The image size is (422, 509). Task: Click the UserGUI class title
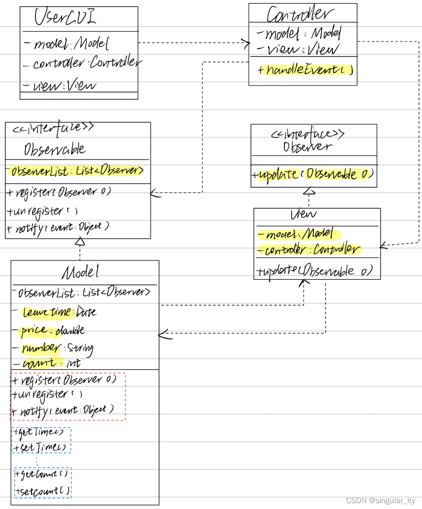click(66, 17)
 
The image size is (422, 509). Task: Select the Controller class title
click(298, 14)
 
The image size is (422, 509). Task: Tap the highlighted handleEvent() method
click(305, 70)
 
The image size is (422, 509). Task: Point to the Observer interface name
click(308, 146)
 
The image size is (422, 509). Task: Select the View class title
click(304, 215)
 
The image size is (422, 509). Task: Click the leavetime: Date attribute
click(58, 312)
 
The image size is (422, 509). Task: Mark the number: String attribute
click(57, 348)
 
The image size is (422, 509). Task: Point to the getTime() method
click(41, 432)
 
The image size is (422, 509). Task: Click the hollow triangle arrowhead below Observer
click(309, 191)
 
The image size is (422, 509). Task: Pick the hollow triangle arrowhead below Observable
click(80, 242)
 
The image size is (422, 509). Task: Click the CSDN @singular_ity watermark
click(380, 500)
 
